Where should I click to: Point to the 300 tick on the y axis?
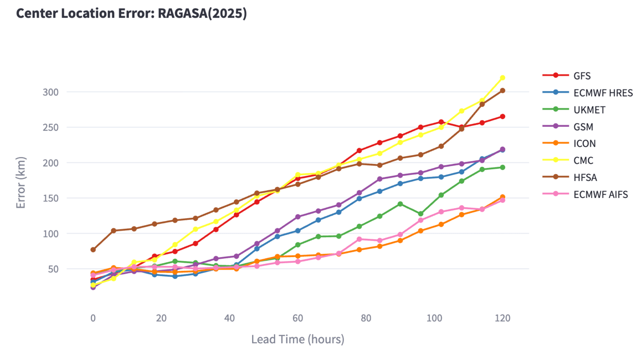(51, 92)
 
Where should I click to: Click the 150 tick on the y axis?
(51, 198)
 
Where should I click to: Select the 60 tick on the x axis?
(298, 318)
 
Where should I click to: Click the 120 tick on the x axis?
(502, 318)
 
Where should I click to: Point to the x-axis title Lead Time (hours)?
(298, 339)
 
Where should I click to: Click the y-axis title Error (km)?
(21, 182)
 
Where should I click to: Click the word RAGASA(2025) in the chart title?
(202, 13)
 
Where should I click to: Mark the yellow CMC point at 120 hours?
(503, 78)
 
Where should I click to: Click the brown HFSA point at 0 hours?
(93, 250)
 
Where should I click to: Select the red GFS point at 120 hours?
(503, 116)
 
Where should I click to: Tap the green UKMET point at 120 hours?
(503, 167)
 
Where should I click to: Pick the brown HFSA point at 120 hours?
(503, 91)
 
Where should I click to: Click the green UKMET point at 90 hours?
(400, 204)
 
